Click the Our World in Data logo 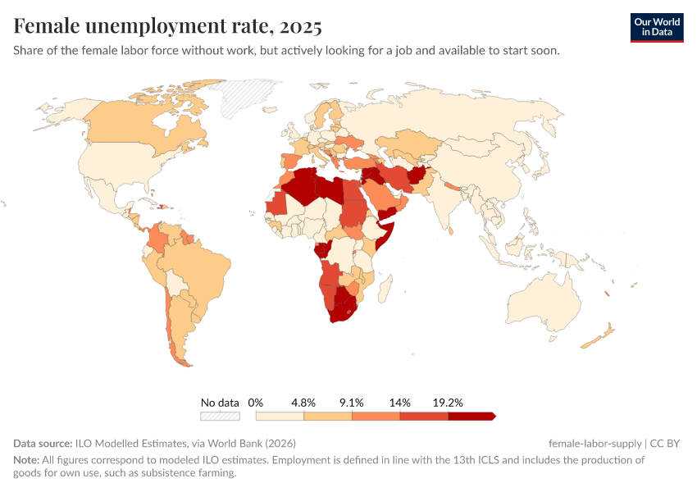click(x=656, y=27)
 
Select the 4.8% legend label click(x=303, y=403)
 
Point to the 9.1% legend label click(x=351, y=403)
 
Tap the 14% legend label click(x=399, y=403)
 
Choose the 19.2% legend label click(x=448, y=403)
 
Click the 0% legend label click(x=255, y=403)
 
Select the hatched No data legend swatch click(x=220, y=416)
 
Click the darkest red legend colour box click(x=471, y=416)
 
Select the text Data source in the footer click(x=43, y=444)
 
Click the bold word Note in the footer click(x=25, y=460)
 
